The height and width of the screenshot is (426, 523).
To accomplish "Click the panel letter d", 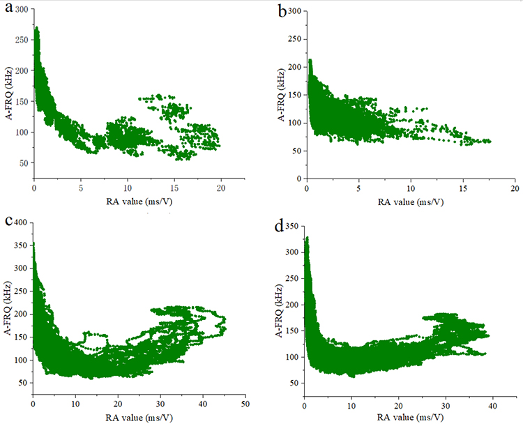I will [x=282, y=227].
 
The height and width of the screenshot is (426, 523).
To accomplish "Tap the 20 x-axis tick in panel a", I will [x=221, y=187].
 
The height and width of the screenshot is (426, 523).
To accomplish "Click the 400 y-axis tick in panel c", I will [x=22, y=222].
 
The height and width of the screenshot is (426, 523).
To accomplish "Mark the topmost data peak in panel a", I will [x=36, y=28].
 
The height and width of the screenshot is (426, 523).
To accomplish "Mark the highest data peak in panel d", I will [x=307, y=238].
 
